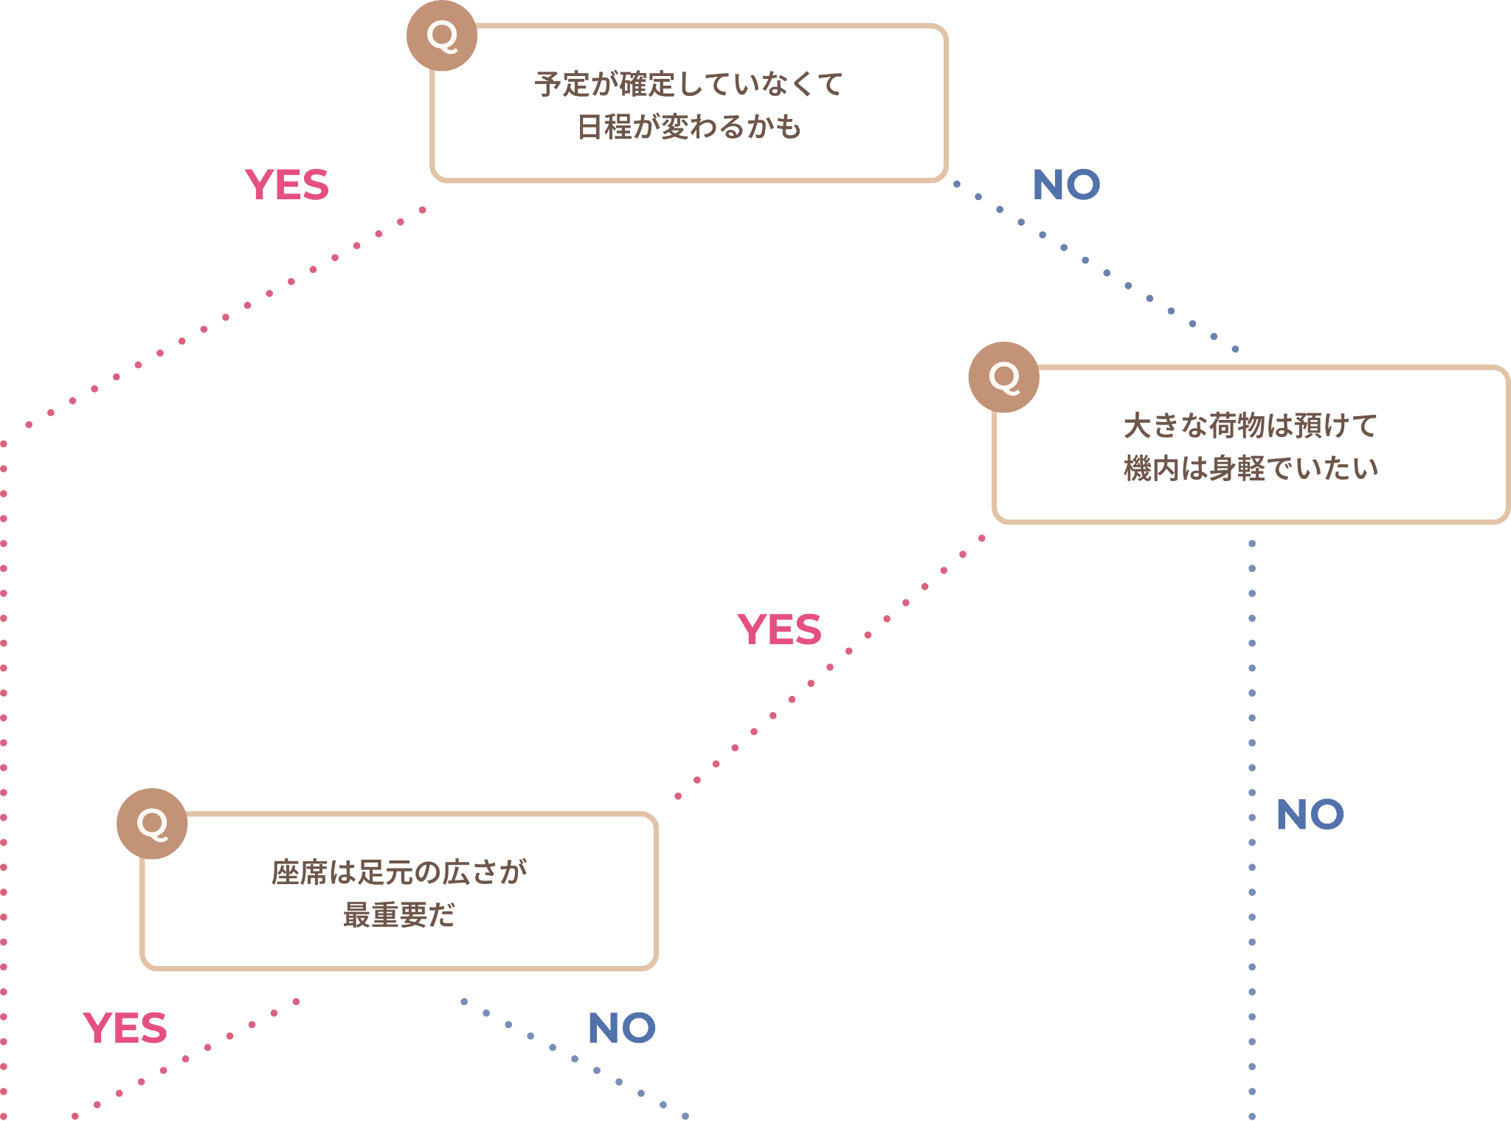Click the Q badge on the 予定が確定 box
click(442, 35)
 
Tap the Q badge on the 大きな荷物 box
click(1003, 377)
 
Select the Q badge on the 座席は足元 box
click(152, 824)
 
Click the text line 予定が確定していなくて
click(688, 84)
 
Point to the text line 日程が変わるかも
click(688, 127)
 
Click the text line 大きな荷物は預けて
click(1251, 426)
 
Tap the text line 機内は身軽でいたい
click(1251, 469)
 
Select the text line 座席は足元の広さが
click(399, 872)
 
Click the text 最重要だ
click(399, 915)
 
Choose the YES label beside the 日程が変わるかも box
click(287, 184)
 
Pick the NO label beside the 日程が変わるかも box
click(1066, 184)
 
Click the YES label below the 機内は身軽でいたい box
click(779, 630)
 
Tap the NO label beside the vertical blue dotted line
click(1310, 815)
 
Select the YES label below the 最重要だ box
click(125, 1028)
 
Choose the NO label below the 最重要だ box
click(622, 1028)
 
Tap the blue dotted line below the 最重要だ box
click(575, 1059)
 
